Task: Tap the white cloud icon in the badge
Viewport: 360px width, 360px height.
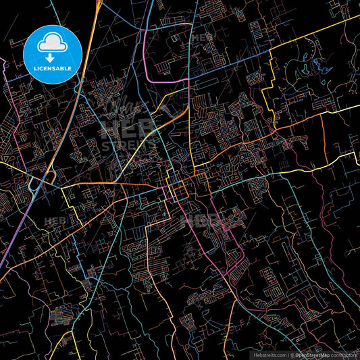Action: [53, 45]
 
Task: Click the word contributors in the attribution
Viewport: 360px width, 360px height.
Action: [344, 355]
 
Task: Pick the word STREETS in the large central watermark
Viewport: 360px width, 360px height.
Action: [128, 145]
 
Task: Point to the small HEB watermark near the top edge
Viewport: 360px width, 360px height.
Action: [201, 38]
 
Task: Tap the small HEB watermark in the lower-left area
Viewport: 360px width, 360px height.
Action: [54, 221]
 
